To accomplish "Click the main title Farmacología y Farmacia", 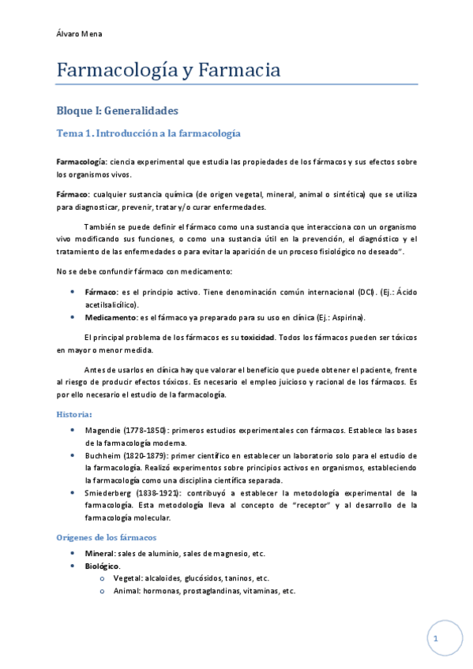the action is [x=168, y=71].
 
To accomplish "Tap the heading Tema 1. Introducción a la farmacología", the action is [x=148, y=134].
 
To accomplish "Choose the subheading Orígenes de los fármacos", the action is [x=107, y=536].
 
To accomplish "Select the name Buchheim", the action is [x=103, y=455].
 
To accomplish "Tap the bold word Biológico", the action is [x=102, y=566].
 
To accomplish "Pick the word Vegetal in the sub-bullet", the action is [x=130, y=578].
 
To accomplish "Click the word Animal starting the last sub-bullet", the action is [x=130, y=590].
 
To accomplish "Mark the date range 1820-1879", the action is [x=146, y=455].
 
